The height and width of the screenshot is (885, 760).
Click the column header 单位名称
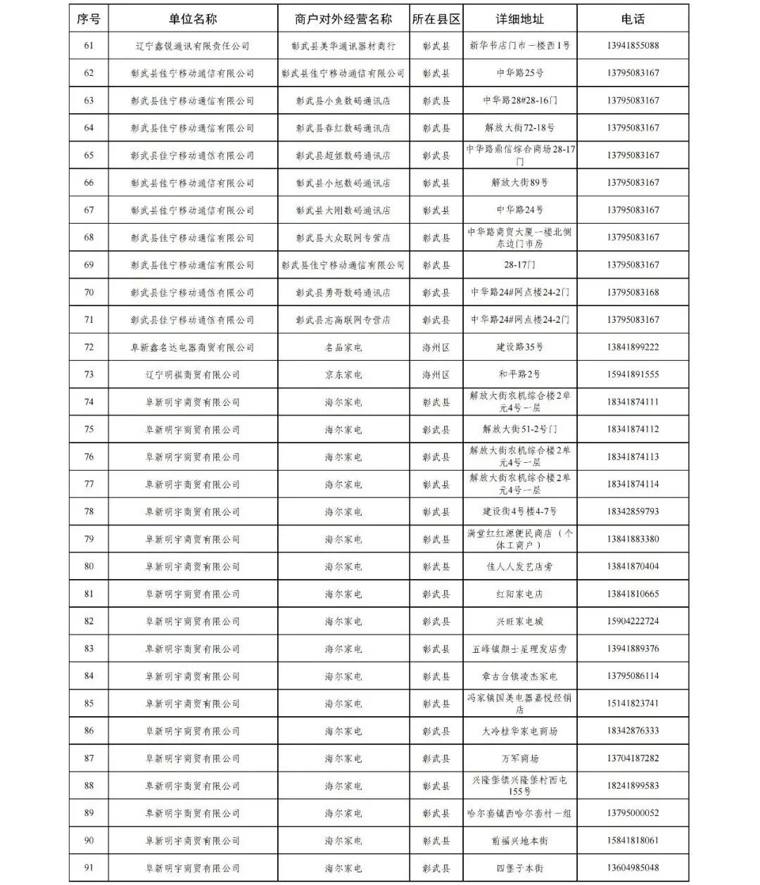192,19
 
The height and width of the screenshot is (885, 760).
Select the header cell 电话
633,19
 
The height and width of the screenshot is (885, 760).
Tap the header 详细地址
519,19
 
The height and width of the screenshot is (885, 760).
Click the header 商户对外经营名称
343,19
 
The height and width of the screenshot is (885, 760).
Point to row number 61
89,46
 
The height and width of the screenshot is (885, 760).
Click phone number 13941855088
633,46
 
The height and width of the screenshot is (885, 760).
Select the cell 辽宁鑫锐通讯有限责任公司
192,46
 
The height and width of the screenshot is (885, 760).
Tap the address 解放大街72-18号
519,128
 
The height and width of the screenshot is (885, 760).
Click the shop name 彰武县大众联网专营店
343,238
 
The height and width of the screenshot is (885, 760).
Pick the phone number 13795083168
633,293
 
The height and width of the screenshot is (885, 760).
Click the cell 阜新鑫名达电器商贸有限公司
192,348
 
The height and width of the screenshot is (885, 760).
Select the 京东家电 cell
343,375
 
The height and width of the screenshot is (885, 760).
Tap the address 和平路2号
519,375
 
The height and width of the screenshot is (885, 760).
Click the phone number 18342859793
633,511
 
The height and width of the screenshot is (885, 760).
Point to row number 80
89,566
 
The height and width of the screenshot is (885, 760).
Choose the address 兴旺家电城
519,621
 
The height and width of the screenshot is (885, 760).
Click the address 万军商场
519,758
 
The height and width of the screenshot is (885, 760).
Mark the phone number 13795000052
633,813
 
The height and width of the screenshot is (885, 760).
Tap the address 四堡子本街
519,868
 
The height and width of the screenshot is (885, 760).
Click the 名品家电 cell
343,348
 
